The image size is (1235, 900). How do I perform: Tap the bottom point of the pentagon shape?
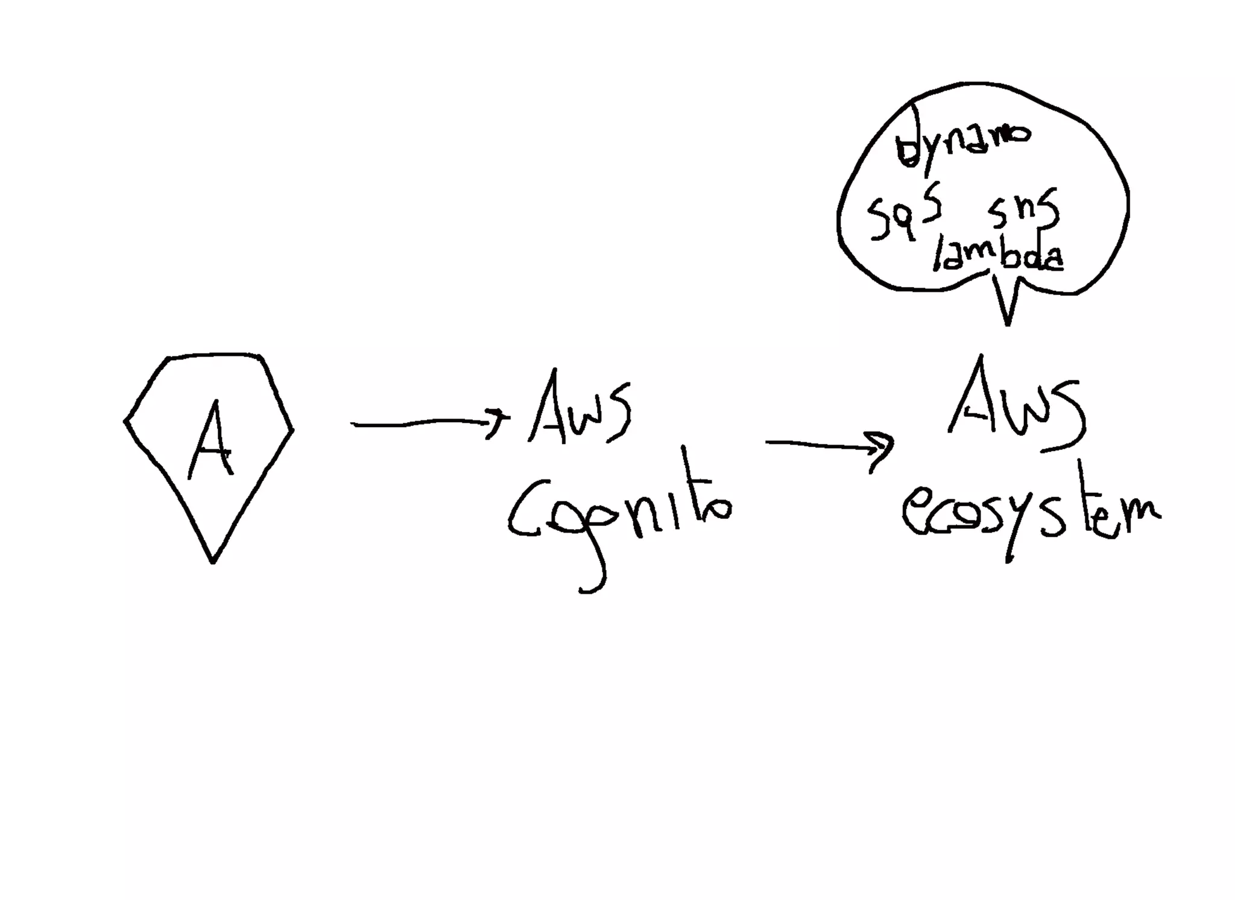click(212, 561)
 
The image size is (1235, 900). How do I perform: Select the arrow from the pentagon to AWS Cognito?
click(422, 423)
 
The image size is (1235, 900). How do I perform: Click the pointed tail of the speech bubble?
click(1007, 320)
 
